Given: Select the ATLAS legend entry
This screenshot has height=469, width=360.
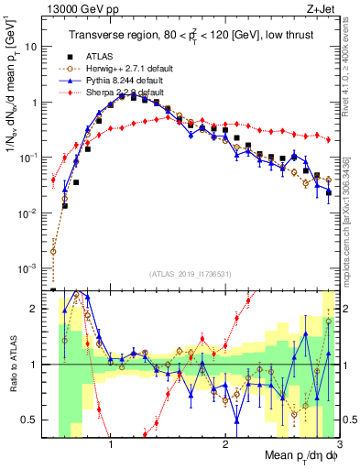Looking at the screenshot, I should tap(97, 57).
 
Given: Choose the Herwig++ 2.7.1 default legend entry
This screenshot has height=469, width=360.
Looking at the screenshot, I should tap(118, 69).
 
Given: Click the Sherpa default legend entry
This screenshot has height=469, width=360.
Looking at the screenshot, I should tap(118, 93).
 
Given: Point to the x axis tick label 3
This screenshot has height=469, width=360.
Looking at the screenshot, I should tap(338, 444).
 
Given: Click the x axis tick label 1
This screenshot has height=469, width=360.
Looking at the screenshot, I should tap(111, 444).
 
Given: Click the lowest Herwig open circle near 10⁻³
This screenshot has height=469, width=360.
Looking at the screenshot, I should tap(53, 251).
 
